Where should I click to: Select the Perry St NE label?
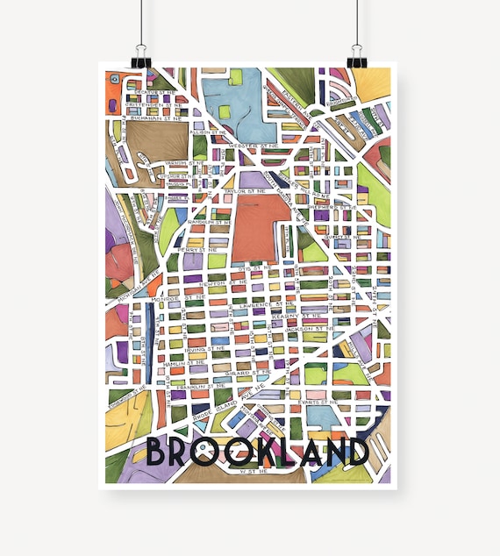point(191,250)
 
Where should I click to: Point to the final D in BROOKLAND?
point(354,452)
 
